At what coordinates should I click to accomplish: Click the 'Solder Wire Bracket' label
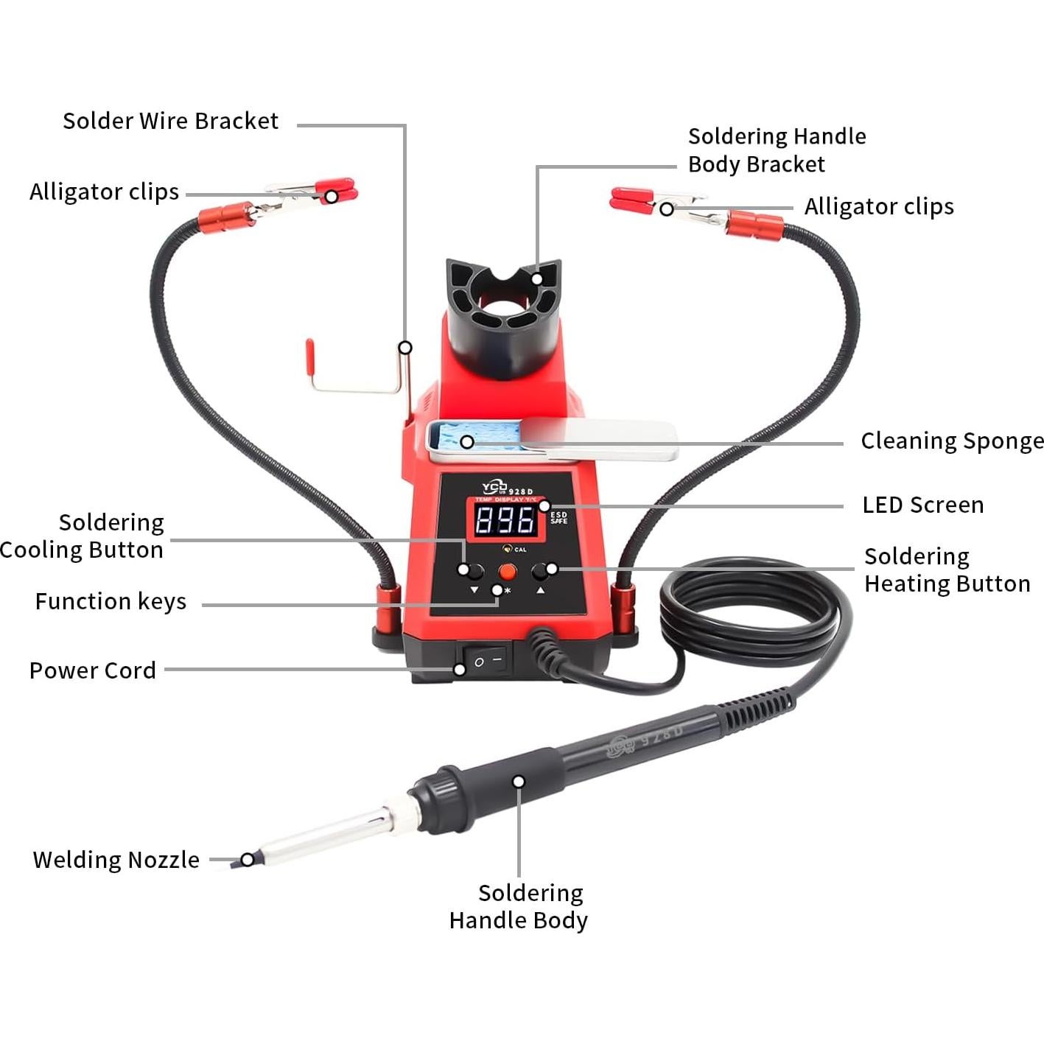[x=170, y=121]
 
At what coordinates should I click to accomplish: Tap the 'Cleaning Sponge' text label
[x=951, y=441]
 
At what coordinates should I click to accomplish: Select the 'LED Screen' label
[x=922, y=505]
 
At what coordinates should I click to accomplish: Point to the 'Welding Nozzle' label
[x=116, y=860]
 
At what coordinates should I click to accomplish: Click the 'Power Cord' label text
[x=93, y=670]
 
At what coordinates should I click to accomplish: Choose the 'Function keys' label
[x=111, y=602]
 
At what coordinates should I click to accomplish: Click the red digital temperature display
[x=505, y=520]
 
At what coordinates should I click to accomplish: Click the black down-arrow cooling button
[x=472, y=571]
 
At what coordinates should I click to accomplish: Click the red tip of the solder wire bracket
[x=310, y=353]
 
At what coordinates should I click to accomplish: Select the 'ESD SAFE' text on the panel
[x=559, y=518]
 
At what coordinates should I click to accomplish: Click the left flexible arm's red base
[x=388, y=608]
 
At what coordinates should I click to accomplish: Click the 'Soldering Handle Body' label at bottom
[x=519, y=907]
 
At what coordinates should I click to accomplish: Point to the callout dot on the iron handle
[x=519, y=782]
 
